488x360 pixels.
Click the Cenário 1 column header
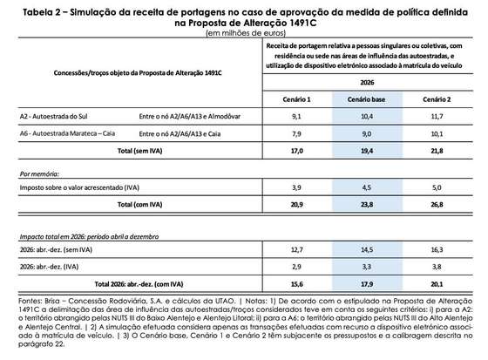[296, 99]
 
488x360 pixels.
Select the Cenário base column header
[366, 99]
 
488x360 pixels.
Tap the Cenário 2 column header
[437, 99]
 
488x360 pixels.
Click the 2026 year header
[367, 83]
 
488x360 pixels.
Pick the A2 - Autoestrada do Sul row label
[53, 117]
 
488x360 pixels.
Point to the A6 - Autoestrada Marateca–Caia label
[67, 133]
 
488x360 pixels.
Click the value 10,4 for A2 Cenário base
[367, 117]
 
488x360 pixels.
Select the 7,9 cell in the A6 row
[296, 134]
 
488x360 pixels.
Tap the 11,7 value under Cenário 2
[437, 117]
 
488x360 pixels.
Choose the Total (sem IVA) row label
[140, 151]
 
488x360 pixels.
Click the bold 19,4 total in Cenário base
[367, 151]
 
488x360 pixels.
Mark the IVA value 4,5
[367, 187]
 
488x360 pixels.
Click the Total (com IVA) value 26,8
[437, 205]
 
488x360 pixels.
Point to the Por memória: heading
[39, 174]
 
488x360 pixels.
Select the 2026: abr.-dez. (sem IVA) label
[56, 250]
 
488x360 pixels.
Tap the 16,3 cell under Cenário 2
[437, 250]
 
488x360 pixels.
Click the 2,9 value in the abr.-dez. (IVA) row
[296, 267]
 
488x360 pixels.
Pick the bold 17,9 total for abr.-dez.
[367, 284]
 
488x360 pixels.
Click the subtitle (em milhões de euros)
[246, 33]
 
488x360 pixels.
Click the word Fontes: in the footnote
[30, 301]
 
